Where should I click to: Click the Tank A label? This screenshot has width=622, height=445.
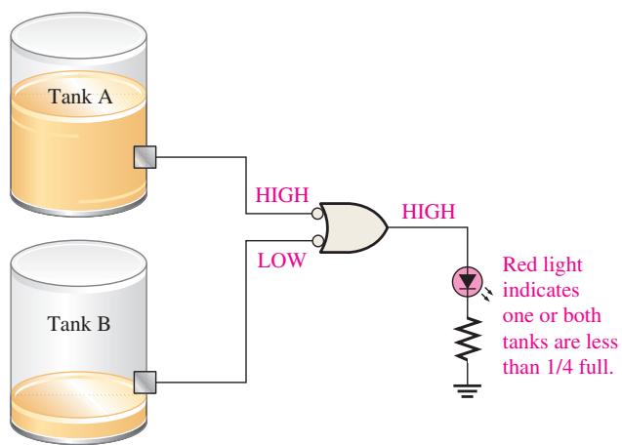pyautogui.click(x=80, y=97)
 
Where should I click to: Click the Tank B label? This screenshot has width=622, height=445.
pyautogui.click(x=79, y=324)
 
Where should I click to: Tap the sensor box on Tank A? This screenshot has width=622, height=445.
pyautogui.click(x=145, y=157)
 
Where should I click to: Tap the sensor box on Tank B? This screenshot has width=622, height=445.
pyautogui.click(x=145, y=383)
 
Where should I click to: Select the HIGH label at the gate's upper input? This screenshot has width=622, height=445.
pyautogui.click(x=282, y=195)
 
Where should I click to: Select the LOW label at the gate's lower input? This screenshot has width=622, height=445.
pyautogui.click(x=281, y=261)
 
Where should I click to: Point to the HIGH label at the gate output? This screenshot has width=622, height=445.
pyautogui.click(x=429, y=212)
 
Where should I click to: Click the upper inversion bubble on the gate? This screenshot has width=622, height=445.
pyautogui.click(x=317, y=214)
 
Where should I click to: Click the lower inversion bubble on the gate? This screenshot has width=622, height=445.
pyautogui.click(x=317, y=240)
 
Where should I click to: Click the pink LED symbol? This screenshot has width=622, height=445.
pyautogui.click(x=468, y=282)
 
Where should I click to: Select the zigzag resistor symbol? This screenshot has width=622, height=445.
pyautogui.click(x=468, y=339)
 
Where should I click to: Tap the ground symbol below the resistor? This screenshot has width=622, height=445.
pyautogui.click(x=468, y=390)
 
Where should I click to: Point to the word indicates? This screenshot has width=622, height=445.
pyautogui.click(x=541, y=290)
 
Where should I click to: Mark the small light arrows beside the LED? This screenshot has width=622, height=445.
pyautogui.click(x=487, y=295)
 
